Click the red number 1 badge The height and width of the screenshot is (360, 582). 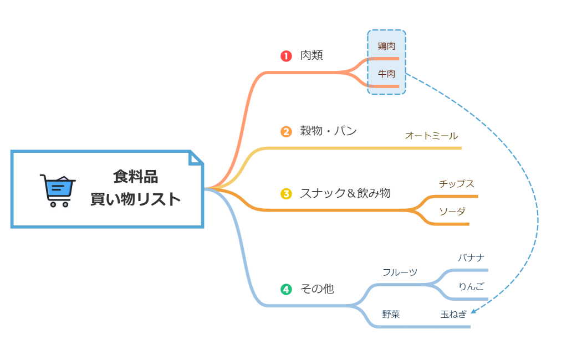coord(286,56)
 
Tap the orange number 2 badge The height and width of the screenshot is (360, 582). coord(286,132)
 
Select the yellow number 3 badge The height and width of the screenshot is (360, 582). coord(286,194)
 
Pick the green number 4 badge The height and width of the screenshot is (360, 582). coord(286,289)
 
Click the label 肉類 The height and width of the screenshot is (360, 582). coord(312,55)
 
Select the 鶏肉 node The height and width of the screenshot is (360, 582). coord(386,46)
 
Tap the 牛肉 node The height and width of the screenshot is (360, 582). coord(386,74)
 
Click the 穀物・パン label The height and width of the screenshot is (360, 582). coord(328,131)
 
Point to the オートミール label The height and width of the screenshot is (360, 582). coord(431,136)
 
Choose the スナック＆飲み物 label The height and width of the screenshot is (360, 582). coord(345,193)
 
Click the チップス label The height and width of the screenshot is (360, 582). coord(456,184)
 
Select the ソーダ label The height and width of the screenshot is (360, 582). coord(452,212)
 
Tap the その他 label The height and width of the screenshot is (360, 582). coord(317,289)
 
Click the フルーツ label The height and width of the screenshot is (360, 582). coord(400,272)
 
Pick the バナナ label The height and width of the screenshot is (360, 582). coord(471,258)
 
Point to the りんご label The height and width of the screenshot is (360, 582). coord(471,286)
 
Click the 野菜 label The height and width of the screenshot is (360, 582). coord(391,315)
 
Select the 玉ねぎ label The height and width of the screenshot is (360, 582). coord(453,314)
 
